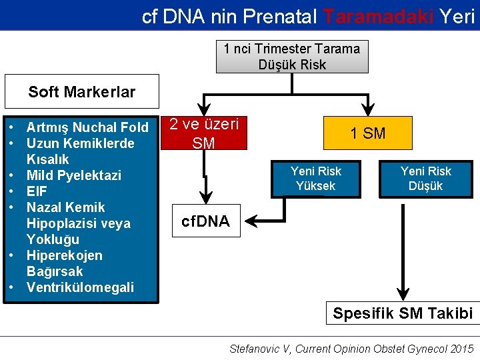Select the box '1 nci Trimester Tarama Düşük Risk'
pyautogui.click(x=292, y=57)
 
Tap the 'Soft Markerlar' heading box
pyautogui.click(x=81, y=92)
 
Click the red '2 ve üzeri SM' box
pyautogui.click(x=203, y=133)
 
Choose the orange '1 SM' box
pyautogui.click(x=367, y=133)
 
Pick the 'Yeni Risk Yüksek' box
pyautogui.click(x=315, y=179)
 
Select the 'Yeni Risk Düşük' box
pyautogui.click(x=425, y=179)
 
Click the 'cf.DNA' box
pyautogui.click(x=205, y=221)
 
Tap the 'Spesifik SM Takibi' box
pyautogui.click(x=403, y=313)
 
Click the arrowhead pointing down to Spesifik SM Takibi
pyautogui.click(x=402, y=295)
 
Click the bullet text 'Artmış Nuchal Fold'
pyautogui.click(x=87, y=127)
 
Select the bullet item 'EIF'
pyautogui.click(x=37, y=191)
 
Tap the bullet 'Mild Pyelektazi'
pyautogui.click(x=73, y=175)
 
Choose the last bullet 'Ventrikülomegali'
pyautogui.click(x=80, y=287)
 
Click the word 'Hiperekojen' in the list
pyautogui.click(x=64, y=255)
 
